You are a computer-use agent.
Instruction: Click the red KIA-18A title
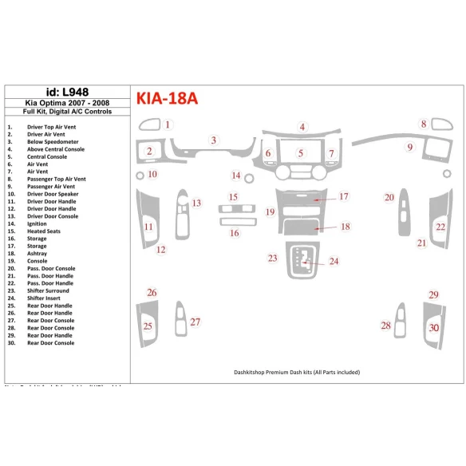(167, 99)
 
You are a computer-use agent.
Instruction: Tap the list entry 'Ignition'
(38, 224)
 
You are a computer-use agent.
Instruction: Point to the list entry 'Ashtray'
(37, 254)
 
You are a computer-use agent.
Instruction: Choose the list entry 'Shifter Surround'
(48, 290)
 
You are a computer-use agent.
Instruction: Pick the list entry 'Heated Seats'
(43, 231)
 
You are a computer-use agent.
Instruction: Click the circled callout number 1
(168, 124)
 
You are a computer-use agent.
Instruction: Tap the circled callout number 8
(424, 124)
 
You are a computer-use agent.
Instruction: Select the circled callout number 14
(236, 176)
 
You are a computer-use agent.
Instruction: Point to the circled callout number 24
(334, 261)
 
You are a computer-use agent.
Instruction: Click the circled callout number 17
(343, 196)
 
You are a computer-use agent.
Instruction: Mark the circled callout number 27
(195, 322)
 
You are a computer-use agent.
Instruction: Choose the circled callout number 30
(433, 327)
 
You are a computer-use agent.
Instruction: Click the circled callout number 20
(389, 197)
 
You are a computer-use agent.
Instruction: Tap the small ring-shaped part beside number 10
(140, 175)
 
